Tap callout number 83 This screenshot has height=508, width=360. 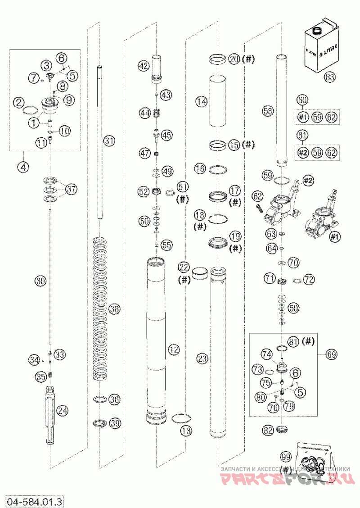click(x=330, y=77)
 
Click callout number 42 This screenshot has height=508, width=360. click(x=143, y=66)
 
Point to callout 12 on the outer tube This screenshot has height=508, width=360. click(x=173, y=349)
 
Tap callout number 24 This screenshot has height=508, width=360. click(x=63, y=410)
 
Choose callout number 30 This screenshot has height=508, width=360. click(x=40, y=281)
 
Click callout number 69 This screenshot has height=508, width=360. click(x=331, y=354)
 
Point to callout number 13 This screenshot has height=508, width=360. click(x=186, y=431)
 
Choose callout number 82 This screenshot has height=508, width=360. click(x=268, y=431)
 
